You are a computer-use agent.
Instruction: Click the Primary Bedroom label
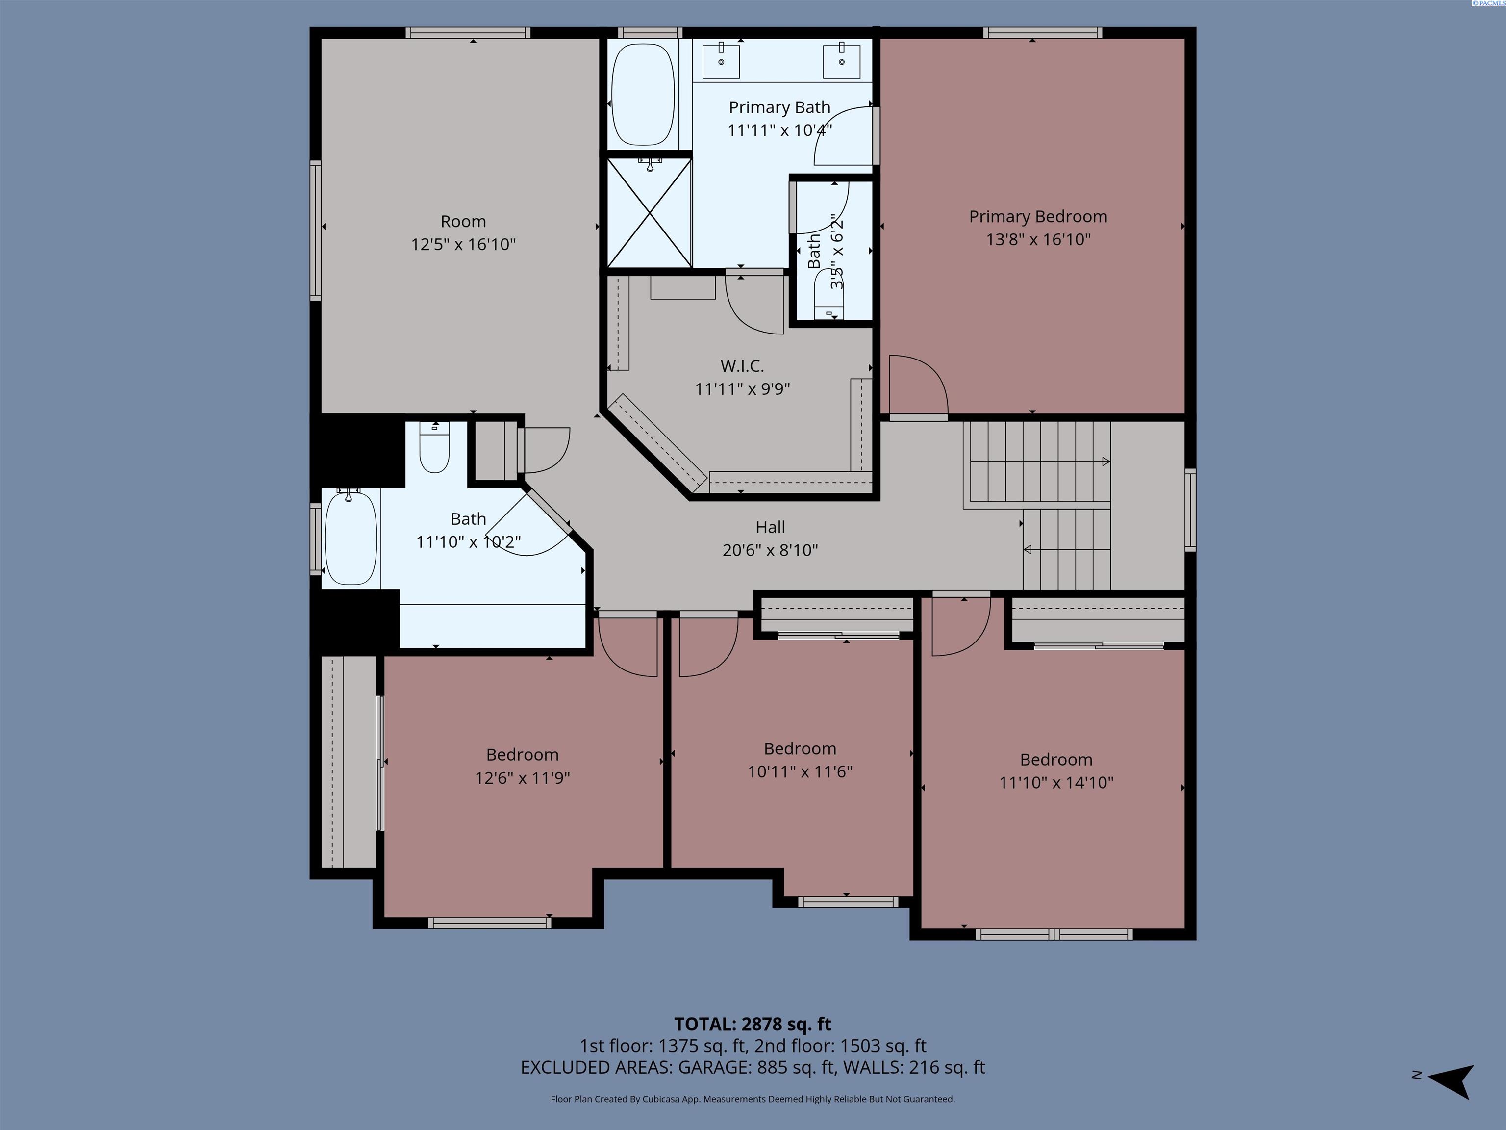[1038, 217]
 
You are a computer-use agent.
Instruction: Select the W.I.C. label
[742, 366]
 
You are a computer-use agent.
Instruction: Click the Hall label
[770, 527]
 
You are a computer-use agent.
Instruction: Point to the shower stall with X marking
[650, 212]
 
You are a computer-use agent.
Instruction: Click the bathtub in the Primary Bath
[643, 95]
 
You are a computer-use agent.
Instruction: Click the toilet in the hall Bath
[434, 448]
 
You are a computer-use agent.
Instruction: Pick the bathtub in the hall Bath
[350, 538]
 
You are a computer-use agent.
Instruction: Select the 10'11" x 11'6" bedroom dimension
[800, 771]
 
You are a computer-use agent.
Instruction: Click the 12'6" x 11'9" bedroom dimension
[522, 778]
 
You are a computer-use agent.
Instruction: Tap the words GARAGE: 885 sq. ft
[756, 1067]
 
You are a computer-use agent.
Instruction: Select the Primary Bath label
[779, 107]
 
